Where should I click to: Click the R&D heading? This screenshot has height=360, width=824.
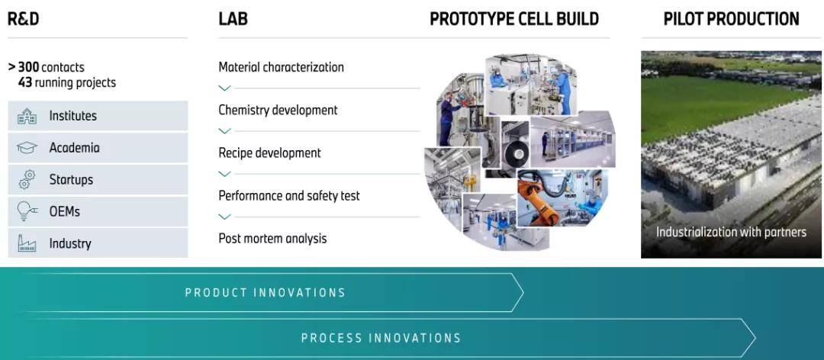click(x=23, y=19)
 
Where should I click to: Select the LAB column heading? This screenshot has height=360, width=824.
click(x=233, y=19)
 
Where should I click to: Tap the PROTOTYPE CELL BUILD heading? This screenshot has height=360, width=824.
click(x=514, y=19)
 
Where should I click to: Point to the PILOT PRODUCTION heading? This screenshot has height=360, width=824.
click(x=731, y=19)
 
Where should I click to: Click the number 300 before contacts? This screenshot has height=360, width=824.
click(x=28, y=67)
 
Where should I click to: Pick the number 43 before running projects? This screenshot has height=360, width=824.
click(x=24, y=83)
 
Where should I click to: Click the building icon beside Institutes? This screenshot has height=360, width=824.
click(x=27, y=116)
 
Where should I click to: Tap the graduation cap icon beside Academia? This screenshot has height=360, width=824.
click(x=27, y=148)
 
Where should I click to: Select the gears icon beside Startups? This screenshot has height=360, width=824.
click(x=27, y=180)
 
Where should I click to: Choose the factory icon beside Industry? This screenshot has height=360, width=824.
click(x=27, y=243)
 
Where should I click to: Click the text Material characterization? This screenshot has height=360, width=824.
click(x=281, y=67)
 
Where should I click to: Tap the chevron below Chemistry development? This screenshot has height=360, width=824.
click(x=224, y=131)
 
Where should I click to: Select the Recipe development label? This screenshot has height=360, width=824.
click(x=269, y=153)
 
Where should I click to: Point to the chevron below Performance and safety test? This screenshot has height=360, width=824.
click(x=224, y=217)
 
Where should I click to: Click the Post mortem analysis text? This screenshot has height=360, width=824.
click(x=272, y=239)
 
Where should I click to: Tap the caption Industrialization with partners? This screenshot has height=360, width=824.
click(x=731, y=232)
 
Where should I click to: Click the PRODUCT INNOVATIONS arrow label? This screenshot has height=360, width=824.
click(x=266, y=293)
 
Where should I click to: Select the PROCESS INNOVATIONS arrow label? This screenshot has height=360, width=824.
click(x=381, y=338)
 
